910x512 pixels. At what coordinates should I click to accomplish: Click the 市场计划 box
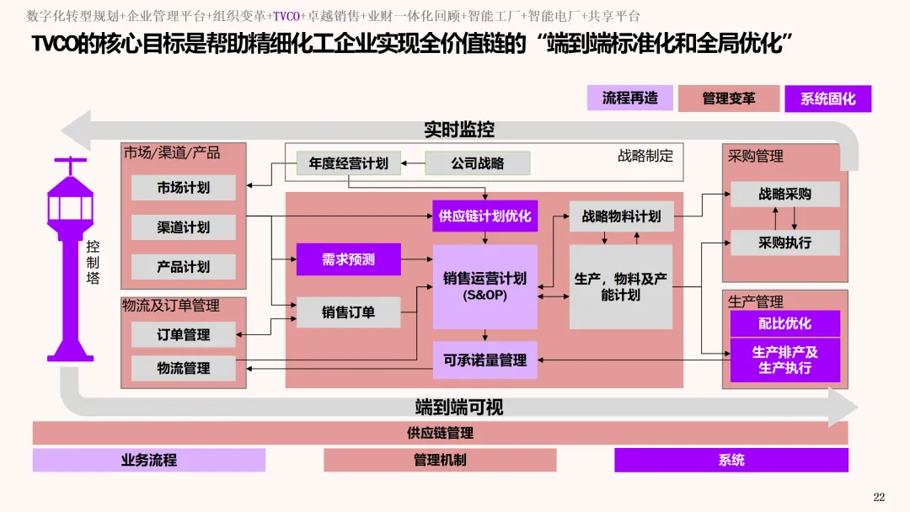click(x=183, y=188)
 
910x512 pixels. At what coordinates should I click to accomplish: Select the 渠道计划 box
click(x=183, y=227)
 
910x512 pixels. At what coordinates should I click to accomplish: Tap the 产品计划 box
click(x=183, y=267)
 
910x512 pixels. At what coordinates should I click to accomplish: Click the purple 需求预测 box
click(x=348, y=259)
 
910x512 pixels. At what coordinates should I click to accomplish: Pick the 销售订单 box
click(x=348, y=312)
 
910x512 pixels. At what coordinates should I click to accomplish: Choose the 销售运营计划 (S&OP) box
click(x=484, y=286)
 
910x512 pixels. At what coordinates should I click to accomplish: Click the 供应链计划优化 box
click(x=484, y=216)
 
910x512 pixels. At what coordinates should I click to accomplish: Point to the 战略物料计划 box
click(x=621, y=216)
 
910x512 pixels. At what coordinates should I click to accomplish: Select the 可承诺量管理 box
click(x=484, y=360)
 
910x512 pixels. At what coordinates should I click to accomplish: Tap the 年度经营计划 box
click(x=348, y=163)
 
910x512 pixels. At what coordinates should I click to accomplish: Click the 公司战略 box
click(x=477, y=163)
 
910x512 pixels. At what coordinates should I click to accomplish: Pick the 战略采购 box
click(x=784, y=194)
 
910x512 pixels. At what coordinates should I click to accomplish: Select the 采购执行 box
click(x=784, y=243)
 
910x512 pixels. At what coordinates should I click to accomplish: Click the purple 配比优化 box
click(x=784, y=323)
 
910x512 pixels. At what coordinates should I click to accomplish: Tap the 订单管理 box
click(x=183, y=334)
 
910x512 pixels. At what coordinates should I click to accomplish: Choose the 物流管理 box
click(x=183, y=368)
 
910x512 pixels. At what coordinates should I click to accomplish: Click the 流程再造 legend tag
click(x=629, y=98)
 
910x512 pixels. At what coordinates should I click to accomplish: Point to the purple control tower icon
click(x=70, y=261)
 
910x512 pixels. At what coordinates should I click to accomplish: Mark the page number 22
click(x=879, y=497)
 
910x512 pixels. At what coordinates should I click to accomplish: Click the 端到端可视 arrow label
click(x=458, y=408)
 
